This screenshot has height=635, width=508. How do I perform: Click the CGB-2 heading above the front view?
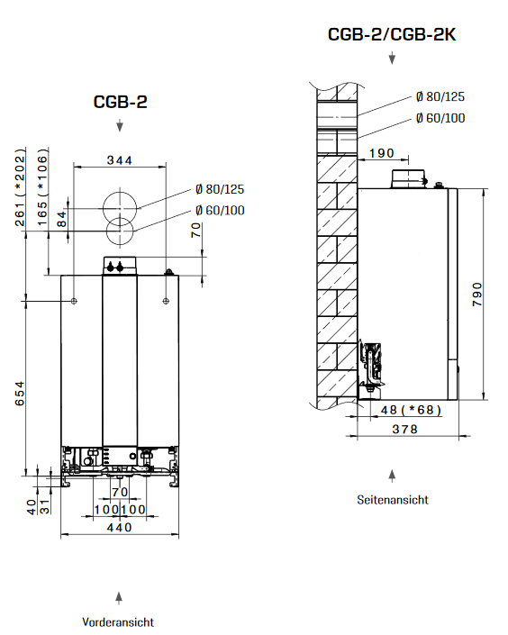120,102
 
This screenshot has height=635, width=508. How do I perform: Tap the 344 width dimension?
119,160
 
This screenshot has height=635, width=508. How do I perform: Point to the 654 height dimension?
20,395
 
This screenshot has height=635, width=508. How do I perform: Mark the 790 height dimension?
477,295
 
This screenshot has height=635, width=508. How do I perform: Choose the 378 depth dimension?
408,430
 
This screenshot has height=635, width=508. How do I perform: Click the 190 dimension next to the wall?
383,153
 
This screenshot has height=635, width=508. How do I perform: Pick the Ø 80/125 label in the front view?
219,189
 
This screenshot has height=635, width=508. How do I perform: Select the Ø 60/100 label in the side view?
440,117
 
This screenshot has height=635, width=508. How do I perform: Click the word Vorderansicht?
118,621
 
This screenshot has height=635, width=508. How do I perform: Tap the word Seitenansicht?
392,499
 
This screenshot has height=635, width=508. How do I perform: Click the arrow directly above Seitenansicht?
392,474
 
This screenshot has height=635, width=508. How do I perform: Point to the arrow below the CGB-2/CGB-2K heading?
392,59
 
